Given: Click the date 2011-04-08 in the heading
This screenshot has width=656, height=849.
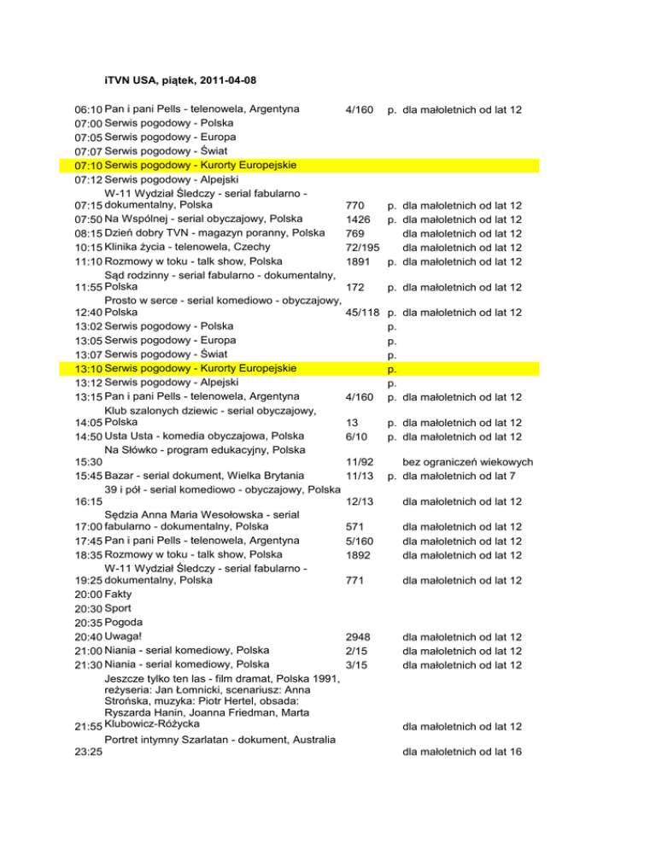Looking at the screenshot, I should pyautogui.click(x=225, y=80).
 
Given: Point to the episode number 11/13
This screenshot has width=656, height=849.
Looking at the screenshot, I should pyautogui.click(x=359, y=476).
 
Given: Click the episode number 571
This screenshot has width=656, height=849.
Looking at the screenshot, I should pyautogui.click(x=353, y=527).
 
